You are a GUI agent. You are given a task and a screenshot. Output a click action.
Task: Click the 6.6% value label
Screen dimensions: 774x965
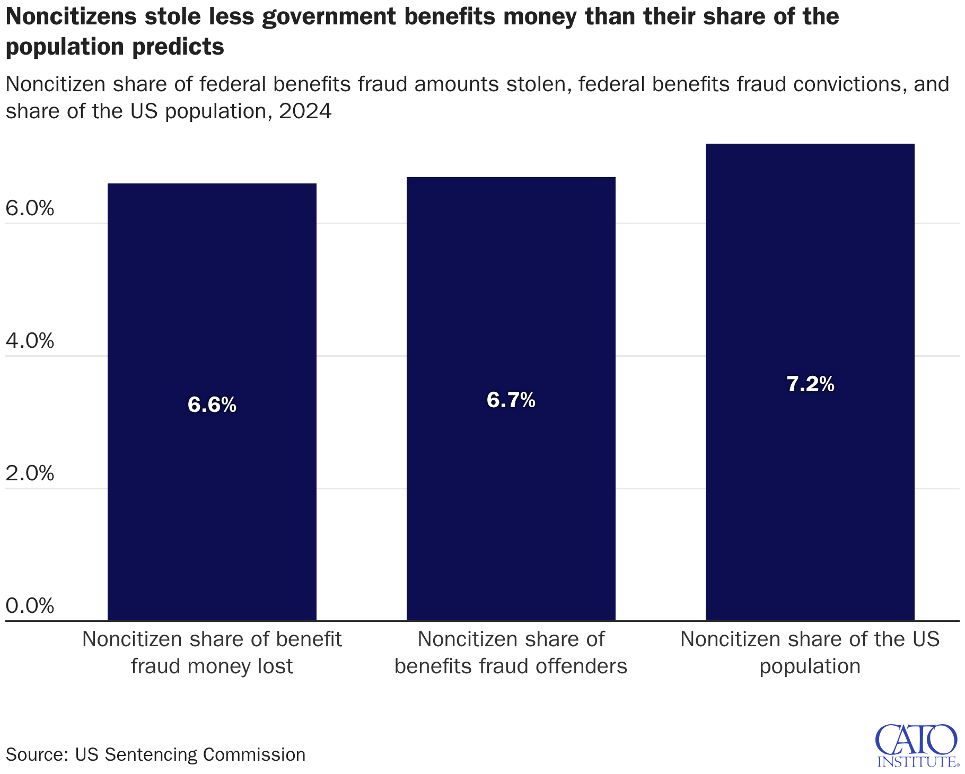pyautogui.click(x=212, y=406)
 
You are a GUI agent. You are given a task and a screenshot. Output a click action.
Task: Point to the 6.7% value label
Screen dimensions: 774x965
pyautogui.click(x=511, y=400)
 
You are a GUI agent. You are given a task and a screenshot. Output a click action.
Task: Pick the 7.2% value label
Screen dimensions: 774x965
pyautogui.click(x=810, y=384)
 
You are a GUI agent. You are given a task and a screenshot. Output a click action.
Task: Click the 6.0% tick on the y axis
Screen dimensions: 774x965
pyautogui.click(x=30, y=209)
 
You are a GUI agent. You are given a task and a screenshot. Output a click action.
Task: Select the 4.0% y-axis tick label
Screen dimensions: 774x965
pyautogui.click(x=30, y=341)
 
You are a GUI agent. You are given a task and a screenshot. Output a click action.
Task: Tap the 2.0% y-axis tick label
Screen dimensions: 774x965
pyautogui.click(x=30, y=473)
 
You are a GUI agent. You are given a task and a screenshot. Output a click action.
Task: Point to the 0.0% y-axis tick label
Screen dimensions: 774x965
pyautogui.click(x=30, y=606)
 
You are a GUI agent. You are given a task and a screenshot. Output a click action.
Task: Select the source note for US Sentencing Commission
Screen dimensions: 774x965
pyautogui.click(x=155, y=754)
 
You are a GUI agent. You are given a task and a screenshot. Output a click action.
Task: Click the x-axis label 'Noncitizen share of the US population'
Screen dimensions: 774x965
pyautogui.click(x=810, y=653)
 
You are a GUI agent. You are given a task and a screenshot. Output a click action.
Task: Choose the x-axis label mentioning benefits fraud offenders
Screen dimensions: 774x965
pyautogui.click(x=511, y=653)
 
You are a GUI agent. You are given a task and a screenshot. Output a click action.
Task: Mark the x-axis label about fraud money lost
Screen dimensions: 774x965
pyautogui.click(x=212, y=653)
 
